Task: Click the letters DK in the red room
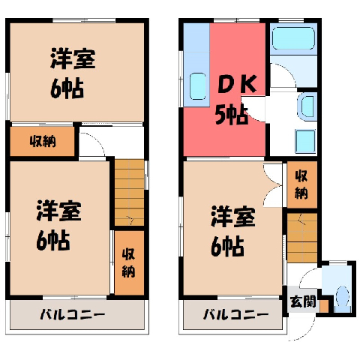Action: coord(237,84)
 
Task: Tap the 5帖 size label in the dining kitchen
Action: coord(232,115)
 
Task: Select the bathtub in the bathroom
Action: coord(293,38)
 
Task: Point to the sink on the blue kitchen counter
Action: coord(198,86)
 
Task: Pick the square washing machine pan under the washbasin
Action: coord(305,141)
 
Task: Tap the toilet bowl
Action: coord(342,295)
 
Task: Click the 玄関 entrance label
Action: coord(303,301)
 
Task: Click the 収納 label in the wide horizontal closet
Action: coord(43,141)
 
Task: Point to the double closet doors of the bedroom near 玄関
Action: coord(273,185)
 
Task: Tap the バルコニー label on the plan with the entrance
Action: coord(235,314)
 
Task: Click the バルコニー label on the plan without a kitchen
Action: coord(73,314)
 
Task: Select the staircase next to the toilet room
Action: coord(302,238)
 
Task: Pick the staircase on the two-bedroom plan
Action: coord(130,193)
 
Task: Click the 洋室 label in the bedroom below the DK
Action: coord(233,217)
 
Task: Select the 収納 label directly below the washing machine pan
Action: coord(301,184)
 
